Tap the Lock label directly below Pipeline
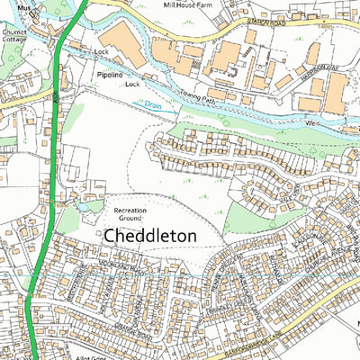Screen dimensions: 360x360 [133, 83]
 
